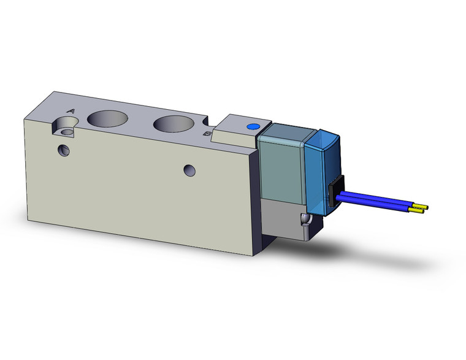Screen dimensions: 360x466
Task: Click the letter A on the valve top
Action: (71, 111)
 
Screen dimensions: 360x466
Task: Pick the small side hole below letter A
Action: (63, 150)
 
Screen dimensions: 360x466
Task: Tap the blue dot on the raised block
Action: (251, 127)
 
